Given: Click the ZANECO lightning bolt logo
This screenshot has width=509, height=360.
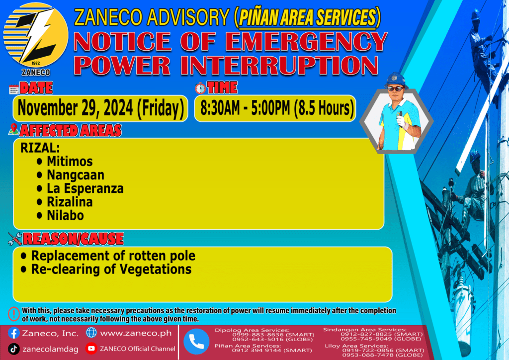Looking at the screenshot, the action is pyautogui.click(x=36, y=35).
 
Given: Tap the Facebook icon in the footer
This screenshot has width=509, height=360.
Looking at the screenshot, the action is pyautogui.click(x=14, y=333).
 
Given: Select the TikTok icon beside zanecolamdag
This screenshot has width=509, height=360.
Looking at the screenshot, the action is pyautogui.click(x=13, y=349).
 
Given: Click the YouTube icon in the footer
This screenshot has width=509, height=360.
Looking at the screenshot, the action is pyautogui.click(x=91, y=349).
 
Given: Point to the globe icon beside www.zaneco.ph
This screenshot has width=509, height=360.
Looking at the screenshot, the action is pyautogui.click(x=91, y=333).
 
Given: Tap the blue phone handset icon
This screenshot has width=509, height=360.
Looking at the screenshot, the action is pyautogui.click(x=196, y=342).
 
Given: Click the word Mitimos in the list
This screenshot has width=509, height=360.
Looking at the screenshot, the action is pyautogui.click(x=70, y=161).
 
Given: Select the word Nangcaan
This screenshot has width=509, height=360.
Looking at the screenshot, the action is pyautogui.click(x=76, y=175).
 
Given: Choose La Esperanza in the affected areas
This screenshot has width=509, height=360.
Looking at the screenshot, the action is pyautogui.click(x=85, y=188).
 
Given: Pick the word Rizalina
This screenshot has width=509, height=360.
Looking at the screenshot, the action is pyautogui.click(x=70, y=202).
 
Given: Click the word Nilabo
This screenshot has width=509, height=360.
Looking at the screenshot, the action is pyautogui.click(x=65, y=215).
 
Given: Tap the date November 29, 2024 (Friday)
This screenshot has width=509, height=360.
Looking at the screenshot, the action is pyautogui.click(x=100, y=108).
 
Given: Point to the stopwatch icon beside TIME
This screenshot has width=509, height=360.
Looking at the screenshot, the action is pyautogui.click(x=200, y=88).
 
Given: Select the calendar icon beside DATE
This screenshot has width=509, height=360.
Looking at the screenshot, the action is pyautogui.click(x=13, y=89).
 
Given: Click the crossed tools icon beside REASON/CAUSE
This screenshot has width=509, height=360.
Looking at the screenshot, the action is pyautogui.click(x=15, y=239).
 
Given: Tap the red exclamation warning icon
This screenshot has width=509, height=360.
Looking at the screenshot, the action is pyautogui.click(x=14, y=314).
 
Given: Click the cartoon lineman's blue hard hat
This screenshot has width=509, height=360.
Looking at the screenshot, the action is pyautogui.click(x=396, y=80).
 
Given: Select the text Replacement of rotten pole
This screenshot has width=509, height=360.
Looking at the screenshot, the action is pyautogui.click(x=113, y=256).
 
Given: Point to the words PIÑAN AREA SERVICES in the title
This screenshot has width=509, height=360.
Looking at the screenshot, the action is pyautogui.click(x=307, y=17).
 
